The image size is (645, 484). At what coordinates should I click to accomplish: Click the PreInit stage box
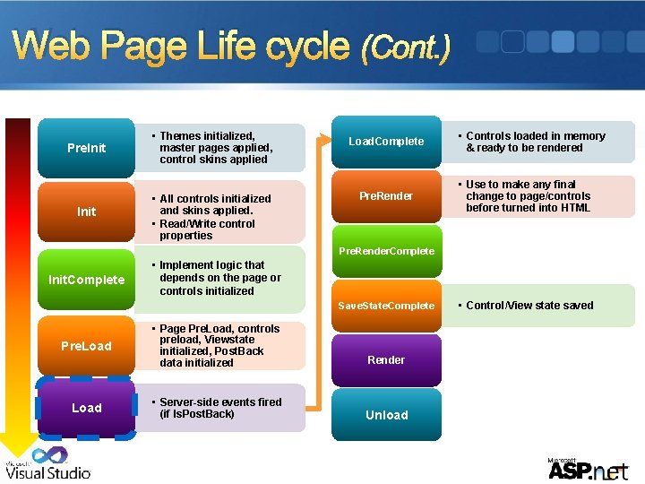[86, 148]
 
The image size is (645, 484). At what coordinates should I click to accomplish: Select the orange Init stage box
[86, 212]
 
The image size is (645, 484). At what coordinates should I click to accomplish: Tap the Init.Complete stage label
[86, 280]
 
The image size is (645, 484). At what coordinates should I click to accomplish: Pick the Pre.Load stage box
[86, 346]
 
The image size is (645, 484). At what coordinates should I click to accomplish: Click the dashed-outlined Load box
[86, 408]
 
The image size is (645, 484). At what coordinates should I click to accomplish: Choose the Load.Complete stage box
[386, 142]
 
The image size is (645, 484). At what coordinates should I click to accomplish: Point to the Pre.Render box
[386, 196]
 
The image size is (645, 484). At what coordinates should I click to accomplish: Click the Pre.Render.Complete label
[386, 251]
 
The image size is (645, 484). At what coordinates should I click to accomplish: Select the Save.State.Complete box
[386, 306]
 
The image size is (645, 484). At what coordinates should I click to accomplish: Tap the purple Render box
[386, 360]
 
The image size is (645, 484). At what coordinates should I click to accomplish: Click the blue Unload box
[386, 415]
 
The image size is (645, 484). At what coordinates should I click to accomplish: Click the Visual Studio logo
[48, 463]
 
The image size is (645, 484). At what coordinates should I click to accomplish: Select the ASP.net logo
[588, 468]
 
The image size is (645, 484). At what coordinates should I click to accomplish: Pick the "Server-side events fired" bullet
[219, 408]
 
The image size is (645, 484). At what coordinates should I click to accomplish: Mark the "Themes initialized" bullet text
[215, 148]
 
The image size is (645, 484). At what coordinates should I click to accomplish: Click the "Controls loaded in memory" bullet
[535, 142]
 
